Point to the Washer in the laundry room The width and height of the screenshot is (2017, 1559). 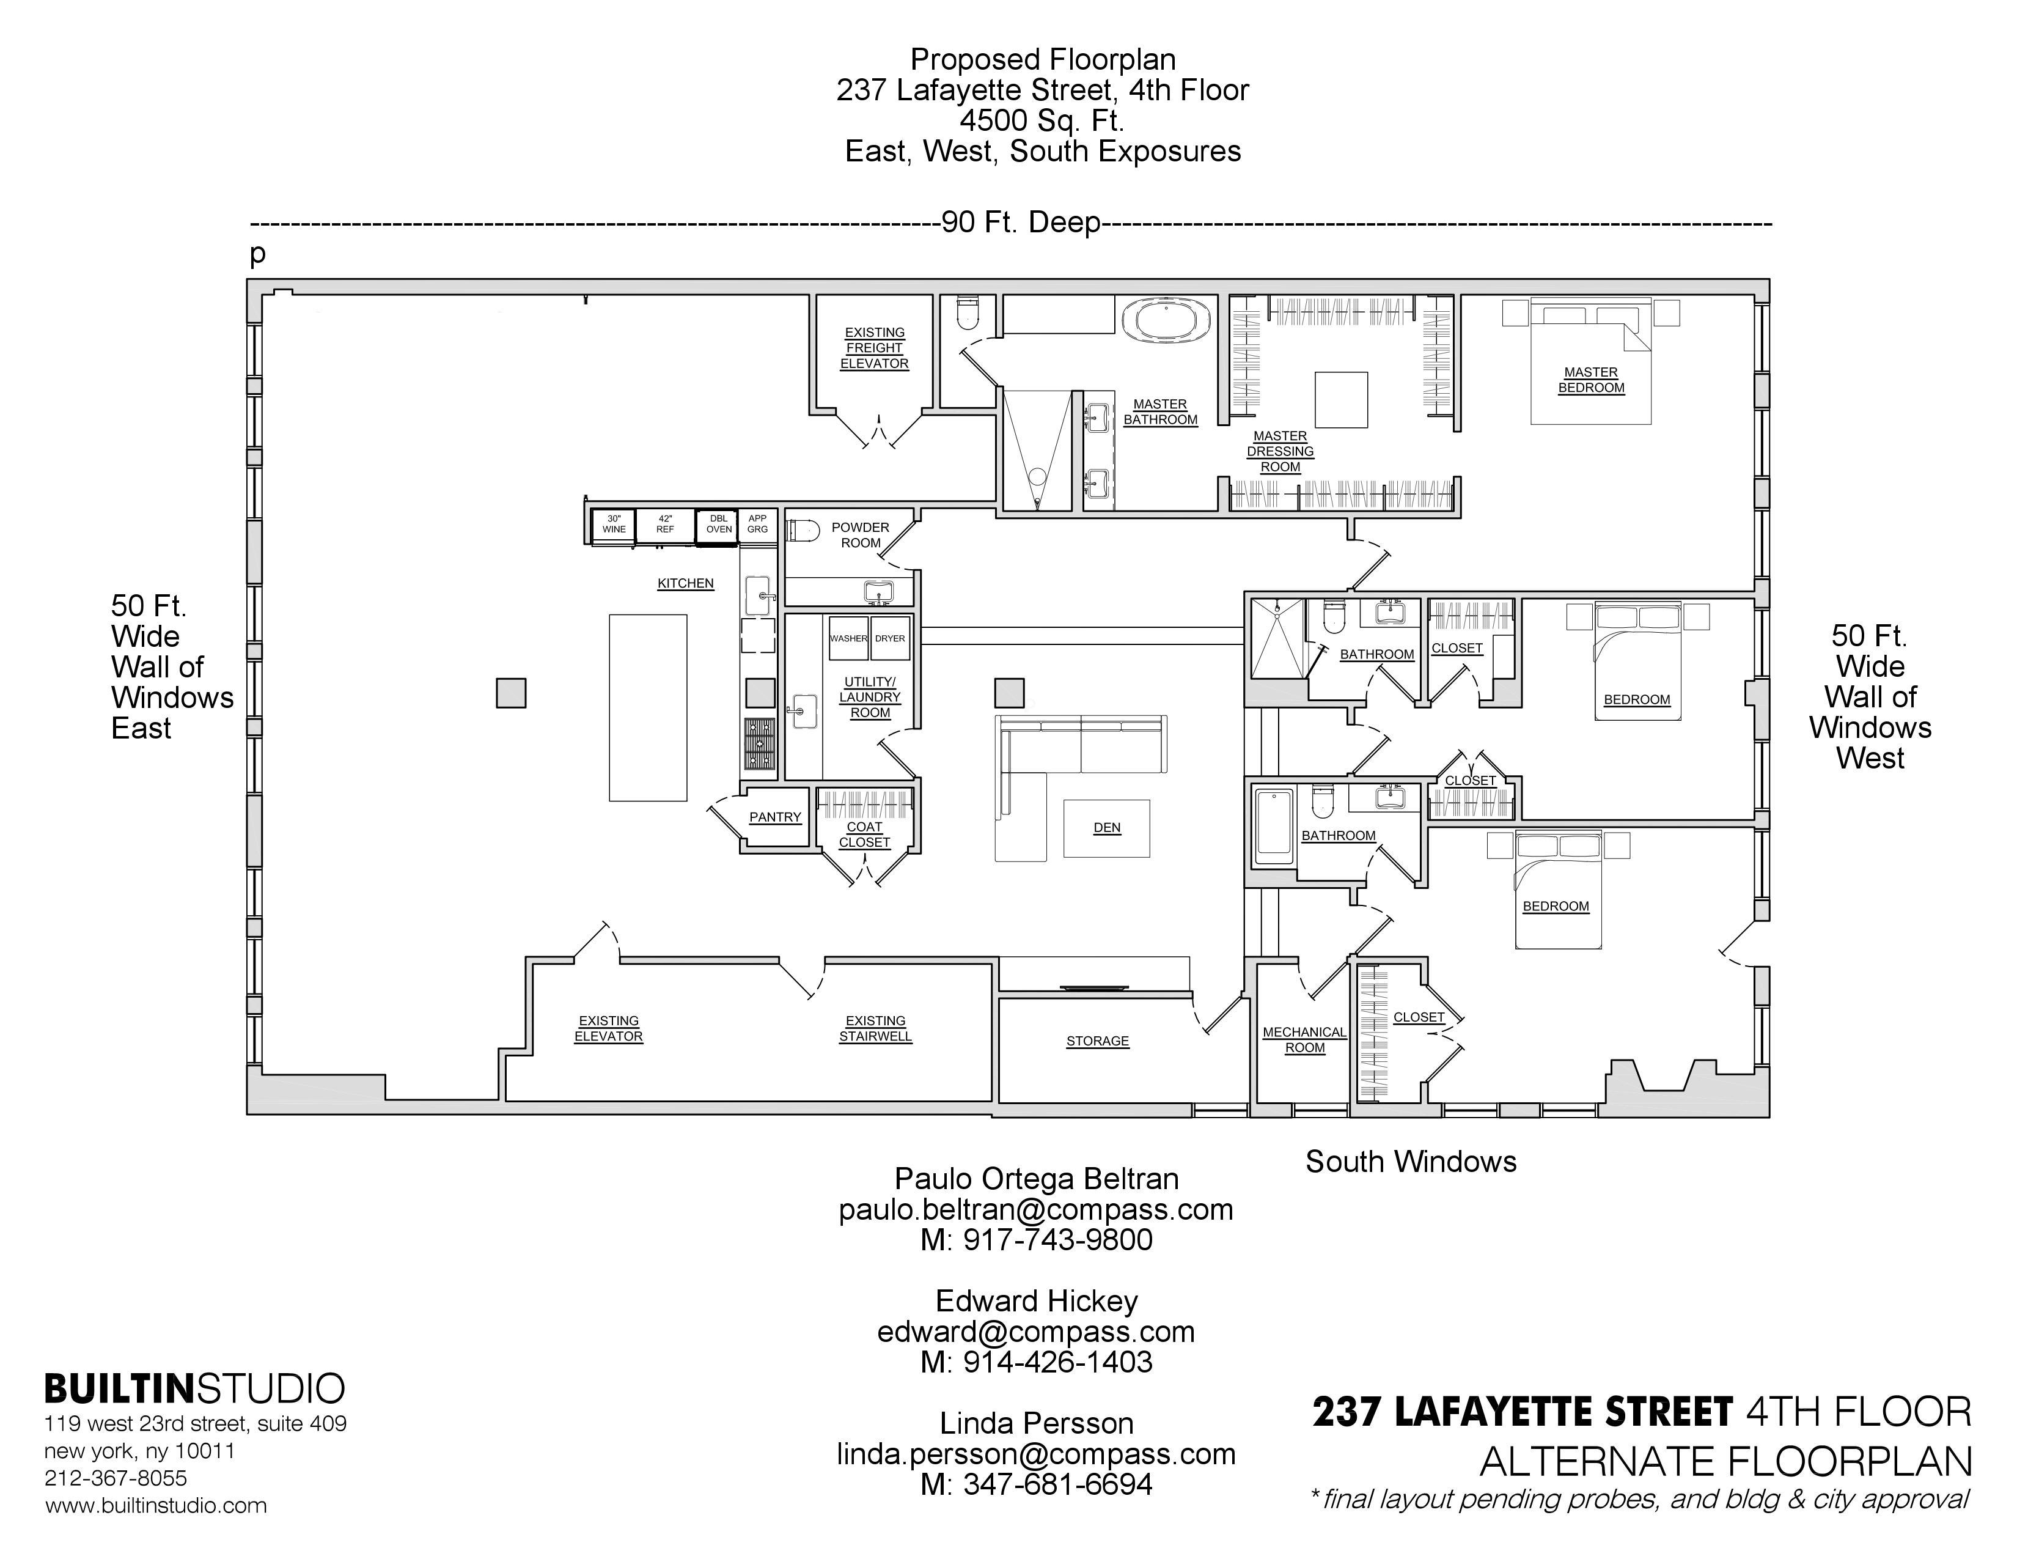[x=848, y=638]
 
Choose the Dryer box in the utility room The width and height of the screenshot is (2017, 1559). [x=891, y=638]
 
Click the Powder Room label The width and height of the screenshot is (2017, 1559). [x=860, y=535]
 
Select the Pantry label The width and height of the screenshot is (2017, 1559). [x=775, y=817]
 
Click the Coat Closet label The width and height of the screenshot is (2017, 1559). [x=864, y=835]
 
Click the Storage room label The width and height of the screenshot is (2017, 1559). [x=1097, y=1041]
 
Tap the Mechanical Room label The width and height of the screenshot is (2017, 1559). [x=1304, y=1040]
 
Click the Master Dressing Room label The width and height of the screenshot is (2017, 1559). [x=1280, y=452]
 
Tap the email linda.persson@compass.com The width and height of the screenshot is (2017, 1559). [x=1036, y=1454]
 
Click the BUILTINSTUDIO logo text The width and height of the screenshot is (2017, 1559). [x=195, y=1389]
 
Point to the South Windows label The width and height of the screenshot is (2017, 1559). [x=1410, y=1162]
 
